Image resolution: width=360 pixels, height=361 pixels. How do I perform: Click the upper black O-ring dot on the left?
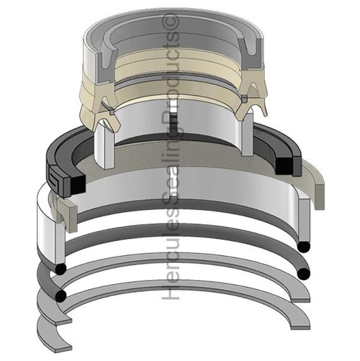pyautogui.click(x=61, y=269)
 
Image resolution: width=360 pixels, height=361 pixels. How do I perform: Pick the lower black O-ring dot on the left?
pyautogui.click(x=61, y=294)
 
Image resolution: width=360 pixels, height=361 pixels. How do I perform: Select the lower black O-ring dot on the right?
pyautogui.click(x=304, y=273)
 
